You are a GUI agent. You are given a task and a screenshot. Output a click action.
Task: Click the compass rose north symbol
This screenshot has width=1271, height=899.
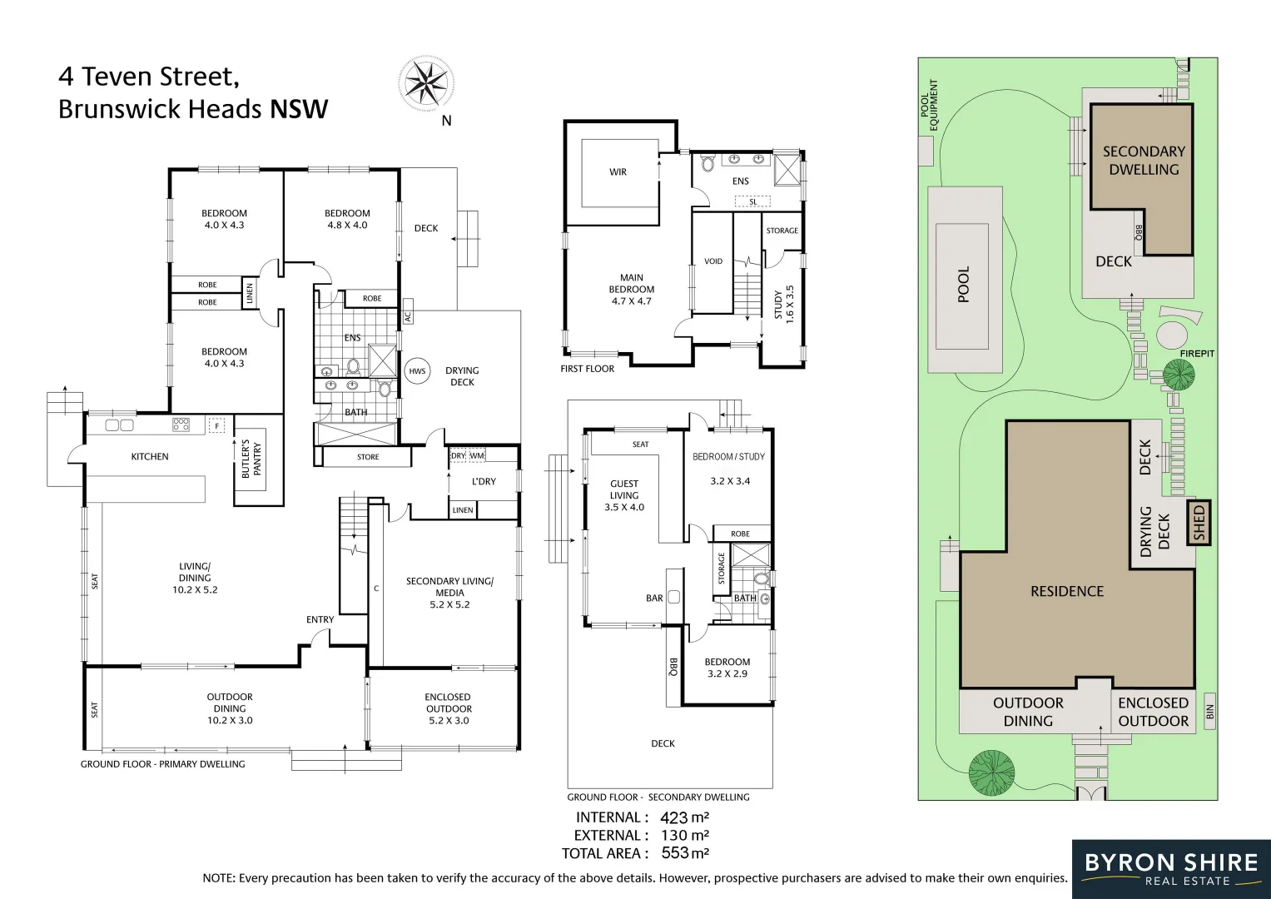point(426,82)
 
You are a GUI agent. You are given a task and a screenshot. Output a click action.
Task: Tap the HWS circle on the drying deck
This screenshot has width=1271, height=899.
point(417,371)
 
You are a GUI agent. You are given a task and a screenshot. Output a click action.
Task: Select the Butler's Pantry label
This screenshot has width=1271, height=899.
point(251,459)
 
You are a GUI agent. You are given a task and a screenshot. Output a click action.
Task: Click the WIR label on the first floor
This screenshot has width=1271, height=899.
point(618,172)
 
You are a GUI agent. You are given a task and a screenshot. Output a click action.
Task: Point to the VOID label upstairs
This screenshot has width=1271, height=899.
point(713,261)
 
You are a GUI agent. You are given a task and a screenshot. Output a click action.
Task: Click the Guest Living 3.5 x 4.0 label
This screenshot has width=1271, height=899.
point(624,495)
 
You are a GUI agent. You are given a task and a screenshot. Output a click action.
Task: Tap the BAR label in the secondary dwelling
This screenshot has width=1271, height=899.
point(654,598)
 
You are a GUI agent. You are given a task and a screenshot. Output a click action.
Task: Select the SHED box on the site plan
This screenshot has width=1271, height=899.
point(1199,523)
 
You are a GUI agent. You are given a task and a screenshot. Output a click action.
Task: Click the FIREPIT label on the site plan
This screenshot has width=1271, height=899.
point(1197,354)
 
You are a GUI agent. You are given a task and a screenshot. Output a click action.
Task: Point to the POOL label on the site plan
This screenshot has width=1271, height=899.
point(964,285)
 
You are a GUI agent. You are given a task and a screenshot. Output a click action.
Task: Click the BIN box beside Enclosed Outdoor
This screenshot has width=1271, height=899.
point(1209,711)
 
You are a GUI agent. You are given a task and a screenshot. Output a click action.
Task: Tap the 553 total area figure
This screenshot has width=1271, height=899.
point(675,853)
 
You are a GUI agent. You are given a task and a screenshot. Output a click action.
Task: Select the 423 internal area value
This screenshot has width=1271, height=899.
point(674,817)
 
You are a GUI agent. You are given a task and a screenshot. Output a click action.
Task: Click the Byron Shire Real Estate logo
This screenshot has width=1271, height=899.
point(1170,868)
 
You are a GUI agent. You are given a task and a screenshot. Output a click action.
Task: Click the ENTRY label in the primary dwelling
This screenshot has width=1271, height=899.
point(320,619)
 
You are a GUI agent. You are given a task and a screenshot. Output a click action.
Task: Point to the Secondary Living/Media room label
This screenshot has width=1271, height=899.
point(449,593)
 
